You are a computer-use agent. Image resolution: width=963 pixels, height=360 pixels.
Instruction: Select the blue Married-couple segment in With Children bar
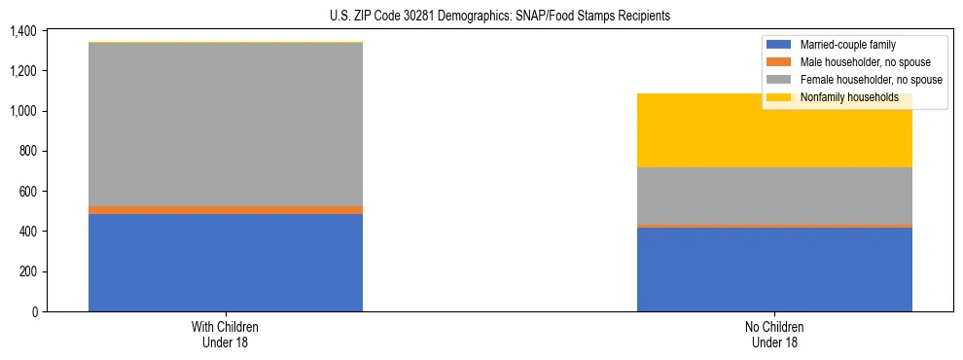coord(226,263)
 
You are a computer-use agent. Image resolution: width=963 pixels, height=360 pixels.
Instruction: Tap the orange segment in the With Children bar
coord(226,210)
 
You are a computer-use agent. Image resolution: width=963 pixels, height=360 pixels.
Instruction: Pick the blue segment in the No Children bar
coord(774,270)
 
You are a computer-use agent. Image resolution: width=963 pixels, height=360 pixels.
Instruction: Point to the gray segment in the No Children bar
coord(774,196)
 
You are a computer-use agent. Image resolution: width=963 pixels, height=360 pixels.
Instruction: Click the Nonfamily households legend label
coord(849,97)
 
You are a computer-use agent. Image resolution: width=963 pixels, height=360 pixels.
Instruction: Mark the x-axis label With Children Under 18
coord(226,334)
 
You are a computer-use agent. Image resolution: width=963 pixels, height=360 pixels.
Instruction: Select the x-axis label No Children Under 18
coord(774,334)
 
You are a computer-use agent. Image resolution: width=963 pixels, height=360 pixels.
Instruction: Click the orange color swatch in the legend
coord(780,62)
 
